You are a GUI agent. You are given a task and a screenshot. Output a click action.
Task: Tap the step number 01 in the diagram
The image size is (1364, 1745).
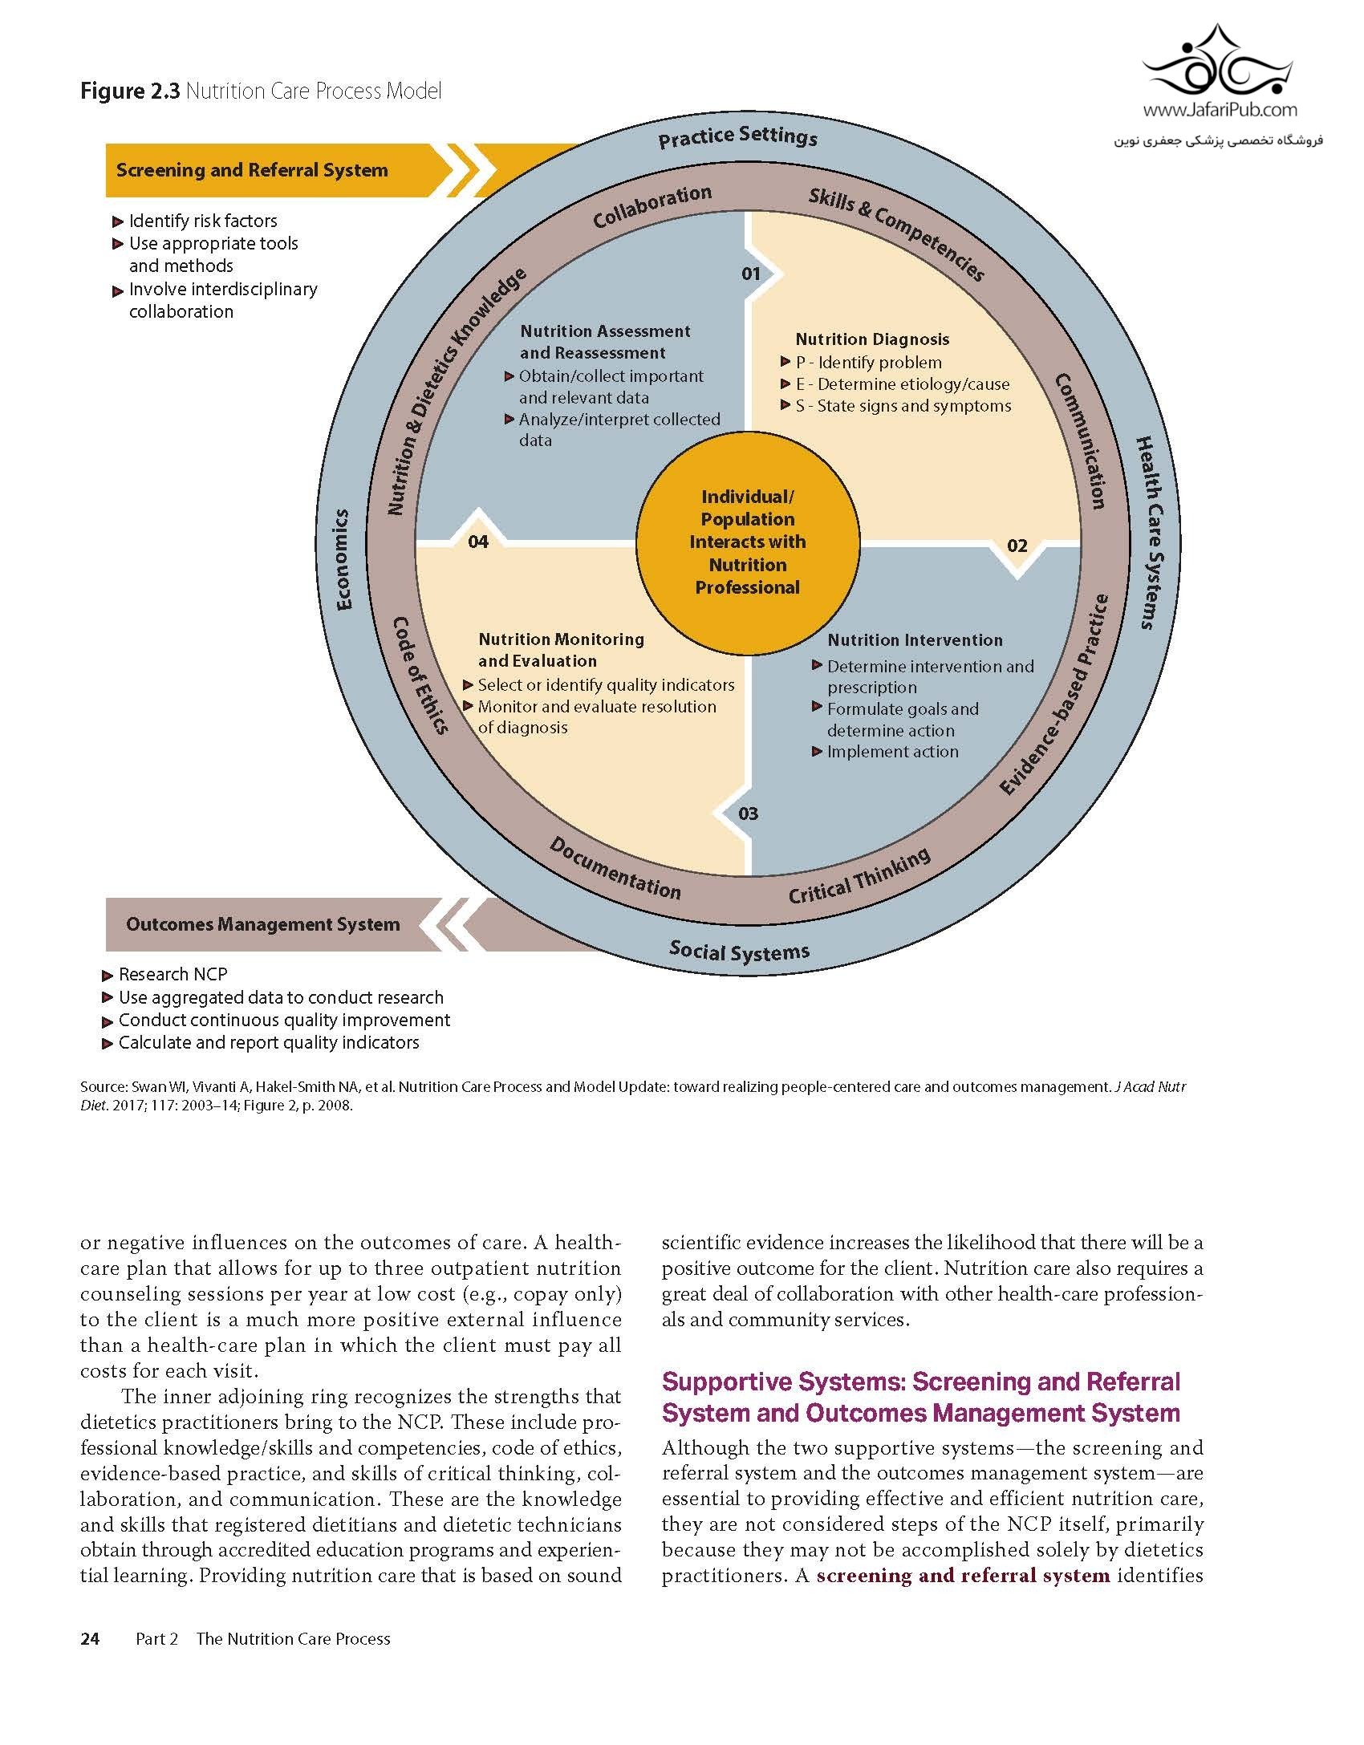pos(750,274)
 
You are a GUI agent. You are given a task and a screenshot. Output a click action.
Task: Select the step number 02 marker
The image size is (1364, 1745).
pos(1017,546)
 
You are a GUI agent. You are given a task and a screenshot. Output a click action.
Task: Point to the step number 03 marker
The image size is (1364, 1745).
pos(748,814)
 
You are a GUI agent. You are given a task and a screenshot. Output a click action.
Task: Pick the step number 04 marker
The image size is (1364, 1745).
pos(478,542)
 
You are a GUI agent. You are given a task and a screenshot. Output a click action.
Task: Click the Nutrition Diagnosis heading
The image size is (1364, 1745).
pos(872,339)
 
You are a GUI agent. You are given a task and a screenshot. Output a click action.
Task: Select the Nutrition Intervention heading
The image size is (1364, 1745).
pos(915,640)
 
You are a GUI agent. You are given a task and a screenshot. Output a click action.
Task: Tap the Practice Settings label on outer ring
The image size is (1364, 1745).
pos(737,137)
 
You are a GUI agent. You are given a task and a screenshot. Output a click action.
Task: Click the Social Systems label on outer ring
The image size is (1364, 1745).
pos(739,952)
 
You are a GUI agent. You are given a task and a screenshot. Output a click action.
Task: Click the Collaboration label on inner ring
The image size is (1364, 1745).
pos(652,206)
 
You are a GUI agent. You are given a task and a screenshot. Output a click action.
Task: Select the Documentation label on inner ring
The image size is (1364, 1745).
pos(615,867)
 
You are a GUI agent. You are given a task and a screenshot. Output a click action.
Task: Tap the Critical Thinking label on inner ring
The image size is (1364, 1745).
pos(859,876)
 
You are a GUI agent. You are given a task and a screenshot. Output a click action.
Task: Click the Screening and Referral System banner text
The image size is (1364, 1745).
pos(252,170)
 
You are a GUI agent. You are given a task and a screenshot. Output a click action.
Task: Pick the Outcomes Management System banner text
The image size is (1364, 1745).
pos(262,924)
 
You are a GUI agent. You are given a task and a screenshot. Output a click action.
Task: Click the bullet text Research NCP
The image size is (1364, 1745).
pos(173,975)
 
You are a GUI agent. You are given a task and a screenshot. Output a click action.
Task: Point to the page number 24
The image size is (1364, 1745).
pos(90,1638)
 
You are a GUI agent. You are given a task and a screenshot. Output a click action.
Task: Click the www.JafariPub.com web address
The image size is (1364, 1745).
pos(1220,109)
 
